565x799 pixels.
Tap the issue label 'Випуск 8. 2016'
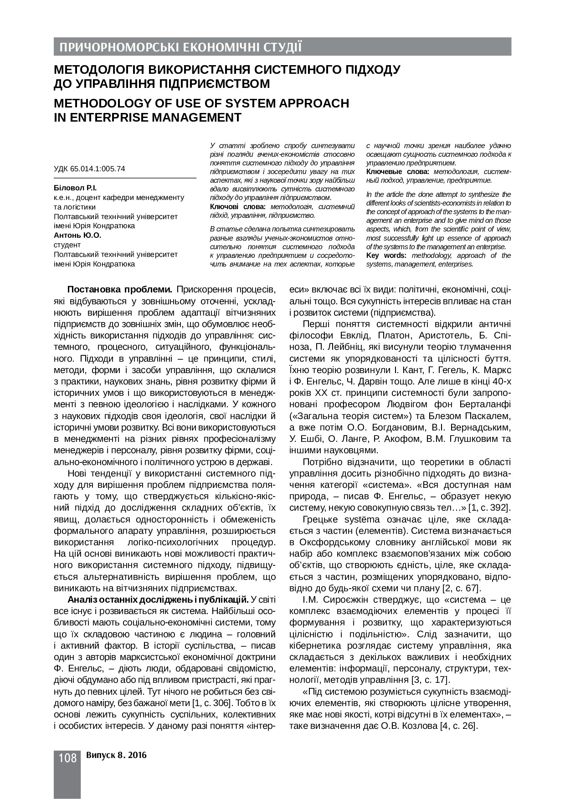pos(116,755)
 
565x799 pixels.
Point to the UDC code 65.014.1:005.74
pos(98,169)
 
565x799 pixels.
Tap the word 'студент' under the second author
pos(67,245)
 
